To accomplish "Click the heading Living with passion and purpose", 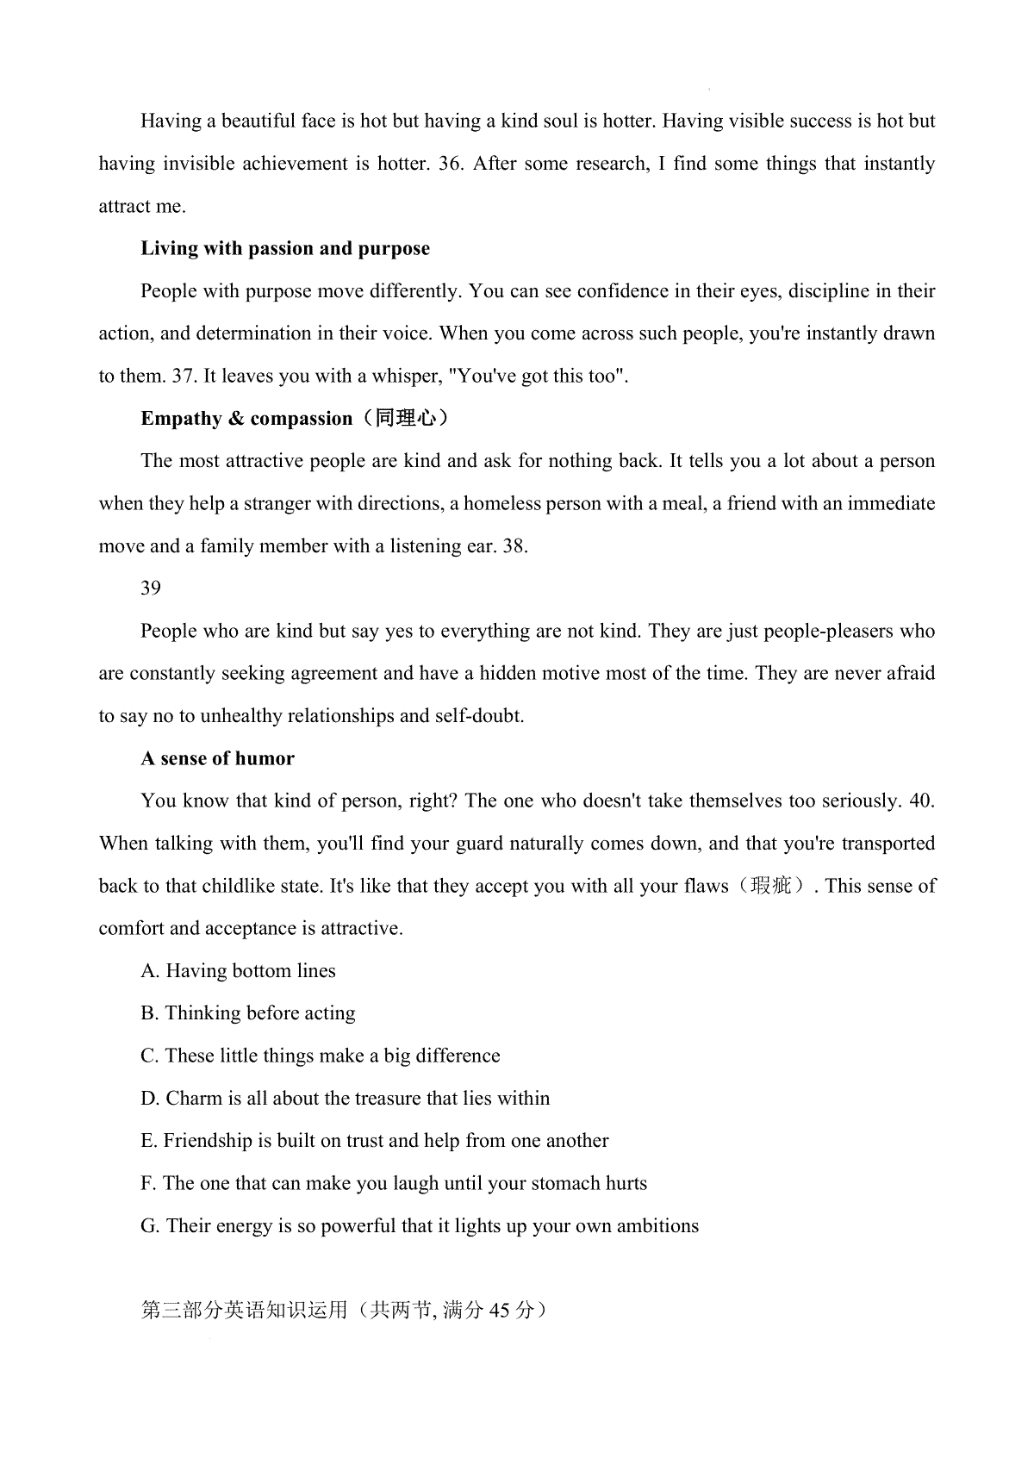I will point(285,249).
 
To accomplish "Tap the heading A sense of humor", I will point(217,759).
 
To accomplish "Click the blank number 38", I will point(514,546).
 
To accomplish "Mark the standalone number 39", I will point(151,589).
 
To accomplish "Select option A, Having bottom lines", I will point(238,971).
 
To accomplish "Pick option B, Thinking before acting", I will point(248,1013).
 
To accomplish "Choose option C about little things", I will point(321,1056).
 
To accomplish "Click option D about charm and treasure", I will point(345,1099).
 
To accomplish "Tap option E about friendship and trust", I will point(375,1141).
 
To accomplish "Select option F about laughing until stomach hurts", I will point(394,1184).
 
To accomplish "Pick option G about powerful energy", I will point(420,1226).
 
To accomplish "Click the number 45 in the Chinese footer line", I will point(500,1311).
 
